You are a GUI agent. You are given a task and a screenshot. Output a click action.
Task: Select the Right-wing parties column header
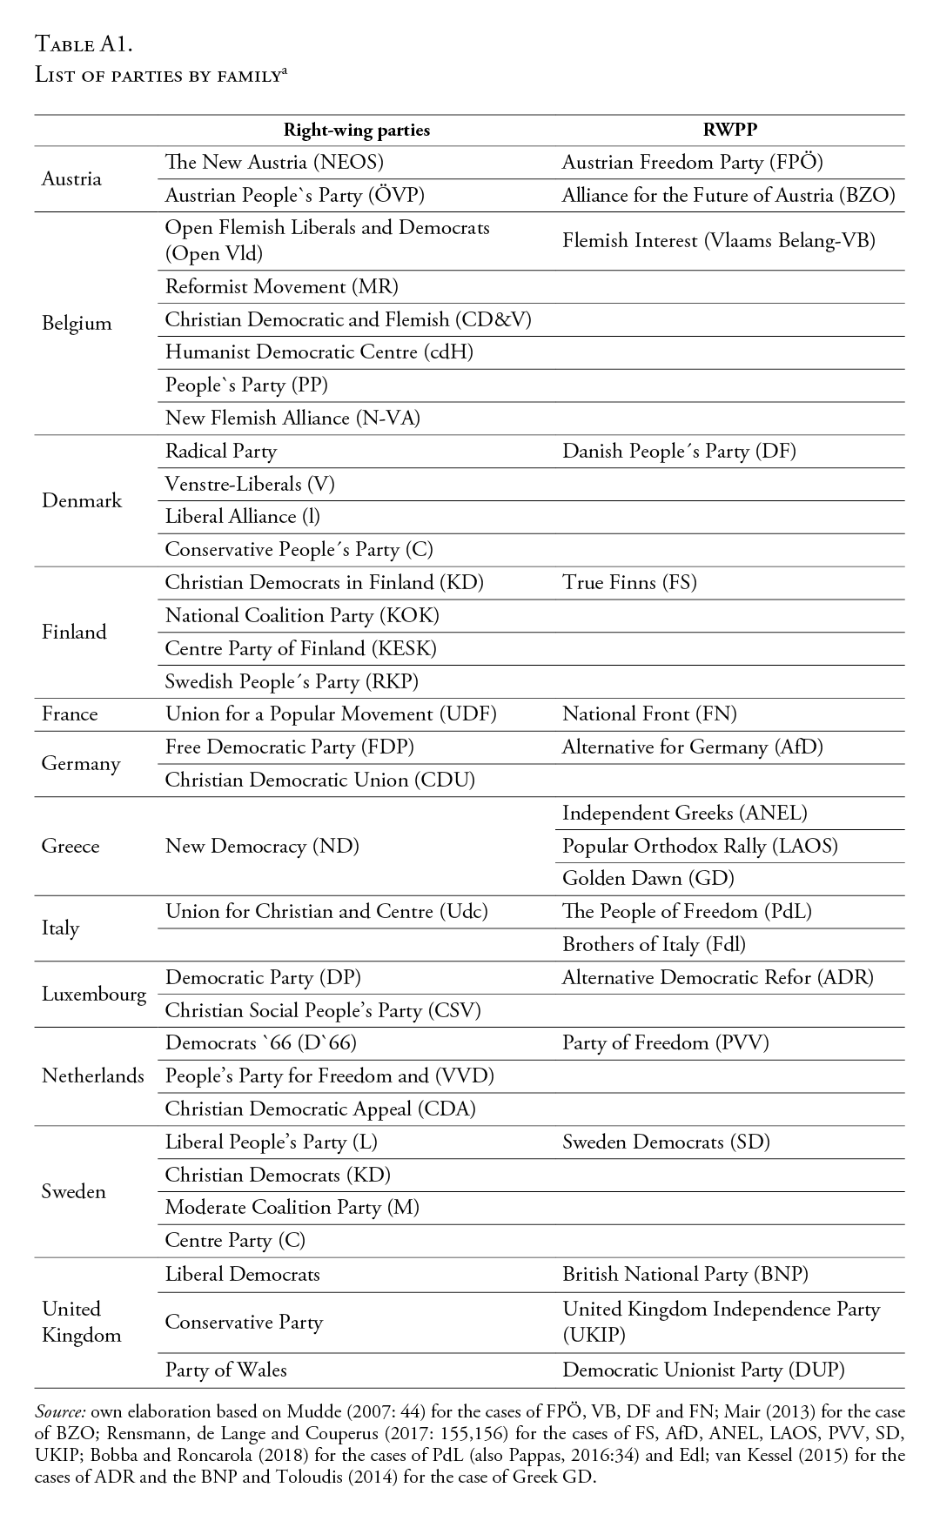click(357, 130)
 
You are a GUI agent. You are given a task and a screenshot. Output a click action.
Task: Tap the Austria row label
click(71, 178)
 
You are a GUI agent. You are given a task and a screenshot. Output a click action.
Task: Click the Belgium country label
click(77, 323)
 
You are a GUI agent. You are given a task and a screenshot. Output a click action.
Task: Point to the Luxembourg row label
click(94, 993)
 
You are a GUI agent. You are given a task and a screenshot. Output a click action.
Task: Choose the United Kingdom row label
click(81, 1322)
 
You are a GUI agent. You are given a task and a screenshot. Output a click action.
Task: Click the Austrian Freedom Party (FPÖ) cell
click(692, 162)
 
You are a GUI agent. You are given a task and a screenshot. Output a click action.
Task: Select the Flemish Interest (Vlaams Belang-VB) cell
click(718, 240)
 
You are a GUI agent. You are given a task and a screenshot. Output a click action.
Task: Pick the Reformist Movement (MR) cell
click(282, 286)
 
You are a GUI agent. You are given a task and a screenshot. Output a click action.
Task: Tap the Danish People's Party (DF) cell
click(679, 451)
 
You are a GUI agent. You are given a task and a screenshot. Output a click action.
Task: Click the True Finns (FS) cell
click(629, 582)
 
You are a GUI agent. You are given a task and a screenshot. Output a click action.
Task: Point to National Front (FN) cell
click(649, 714)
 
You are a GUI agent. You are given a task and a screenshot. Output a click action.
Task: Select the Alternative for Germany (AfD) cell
click(692, 747)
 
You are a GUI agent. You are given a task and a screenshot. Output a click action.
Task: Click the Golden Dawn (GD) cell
click(648, 878)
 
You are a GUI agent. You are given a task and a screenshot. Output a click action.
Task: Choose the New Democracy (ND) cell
click(262, 846)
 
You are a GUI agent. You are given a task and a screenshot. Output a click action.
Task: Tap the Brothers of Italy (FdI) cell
click(654, 944)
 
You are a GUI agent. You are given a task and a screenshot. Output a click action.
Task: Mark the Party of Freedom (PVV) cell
click(665, 1042)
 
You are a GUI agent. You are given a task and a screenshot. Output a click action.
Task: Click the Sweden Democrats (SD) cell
click(666, 1142)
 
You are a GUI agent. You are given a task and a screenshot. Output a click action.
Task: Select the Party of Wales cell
click(225, 1370)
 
